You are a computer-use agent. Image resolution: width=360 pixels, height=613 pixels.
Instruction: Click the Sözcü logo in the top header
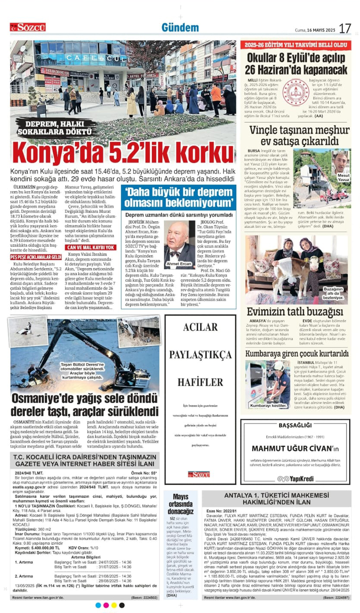coord(28,27)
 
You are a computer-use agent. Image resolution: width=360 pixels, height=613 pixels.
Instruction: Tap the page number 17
coord(345,28)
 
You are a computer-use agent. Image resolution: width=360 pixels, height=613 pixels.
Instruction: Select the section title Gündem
coord(180,28)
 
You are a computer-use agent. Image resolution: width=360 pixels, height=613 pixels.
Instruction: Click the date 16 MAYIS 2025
coord(321,30)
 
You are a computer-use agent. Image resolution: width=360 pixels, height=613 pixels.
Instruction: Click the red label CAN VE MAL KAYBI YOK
coord(91,247)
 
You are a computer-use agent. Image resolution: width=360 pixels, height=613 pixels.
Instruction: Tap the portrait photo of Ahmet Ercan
coord(179,243)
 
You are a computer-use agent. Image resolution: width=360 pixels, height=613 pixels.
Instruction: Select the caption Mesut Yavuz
coord(343,177)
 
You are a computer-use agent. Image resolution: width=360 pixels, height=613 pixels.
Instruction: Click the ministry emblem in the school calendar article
coord(296,92)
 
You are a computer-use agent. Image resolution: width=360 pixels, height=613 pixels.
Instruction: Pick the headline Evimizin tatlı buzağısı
coord(295,312)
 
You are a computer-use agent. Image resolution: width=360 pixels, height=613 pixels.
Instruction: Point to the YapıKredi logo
coord(296,479)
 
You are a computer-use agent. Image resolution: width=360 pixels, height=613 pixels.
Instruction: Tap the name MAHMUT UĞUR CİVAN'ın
coord(295,448)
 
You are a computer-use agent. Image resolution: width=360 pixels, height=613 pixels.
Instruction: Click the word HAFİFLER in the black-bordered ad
coord(200,382)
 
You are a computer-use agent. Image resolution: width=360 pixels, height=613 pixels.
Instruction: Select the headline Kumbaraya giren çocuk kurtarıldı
coord(297,353)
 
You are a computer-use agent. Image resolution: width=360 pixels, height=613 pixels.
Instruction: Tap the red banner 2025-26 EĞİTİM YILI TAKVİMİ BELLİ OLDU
coord(296,45)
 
